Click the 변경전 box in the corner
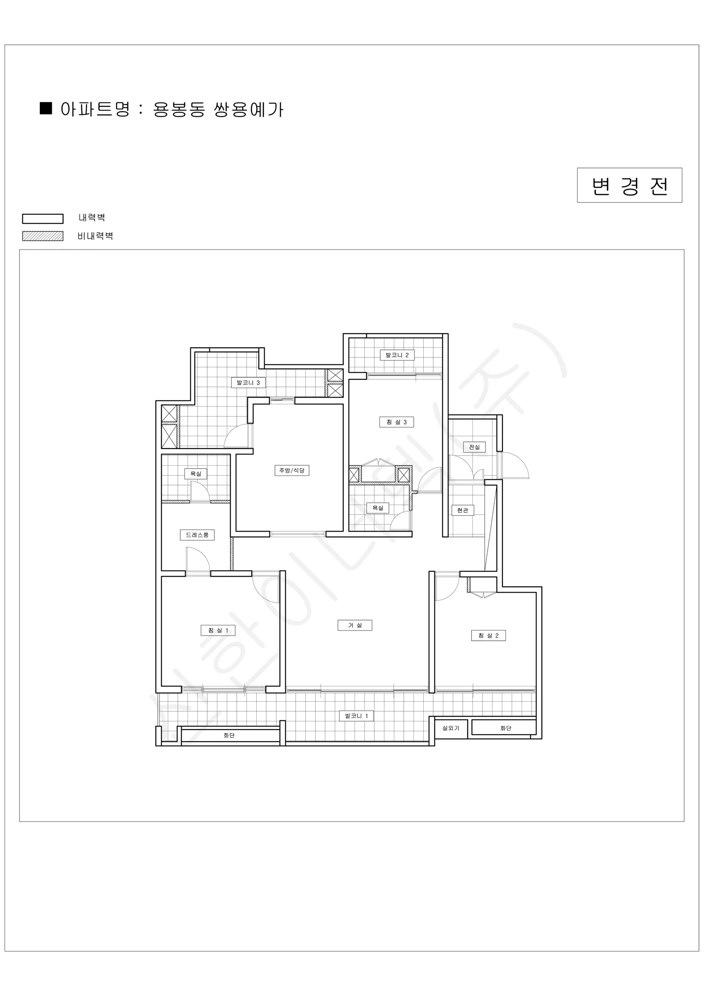[x=629, y=185]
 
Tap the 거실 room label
[x=354, y=625]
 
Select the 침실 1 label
[x=218, y=630]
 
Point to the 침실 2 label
[x=488, y=635]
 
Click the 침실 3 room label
[x=397, y=422]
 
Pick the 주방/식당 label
[x=292, y=470]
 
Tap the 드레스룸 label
[x=197, y=535]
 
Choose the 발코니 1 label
[x=356, y=716]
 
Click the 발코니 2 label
[x=397, y=355]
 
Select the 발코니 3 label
[x=248, y=383]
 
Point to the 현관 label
[x=463, y=510]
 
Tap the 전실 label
[x=474, y=447]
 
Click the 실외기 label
[x=451, y=728]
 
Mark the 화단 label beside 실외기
[x=505, y=728]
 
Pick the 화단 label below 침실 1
[x=229, y=735]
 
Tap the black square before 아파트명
[x=46, y=108]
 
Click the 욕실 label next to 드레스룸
[x=196, y=474]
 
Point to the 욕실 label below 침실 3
[x=378, y=508]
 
